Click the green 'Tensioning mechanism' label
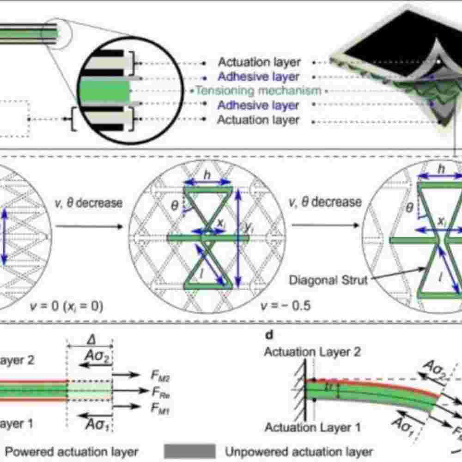(258, 91)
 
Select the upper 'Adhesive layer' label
(258, 76)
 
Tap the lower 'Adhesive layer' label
(258, 105)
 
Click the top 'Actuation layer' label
(259, 62)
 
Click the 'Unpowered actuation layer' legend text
(299, 451)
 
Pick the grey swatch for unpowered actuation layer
(189, 451)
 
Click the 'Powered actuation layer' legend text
(72, 451)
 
